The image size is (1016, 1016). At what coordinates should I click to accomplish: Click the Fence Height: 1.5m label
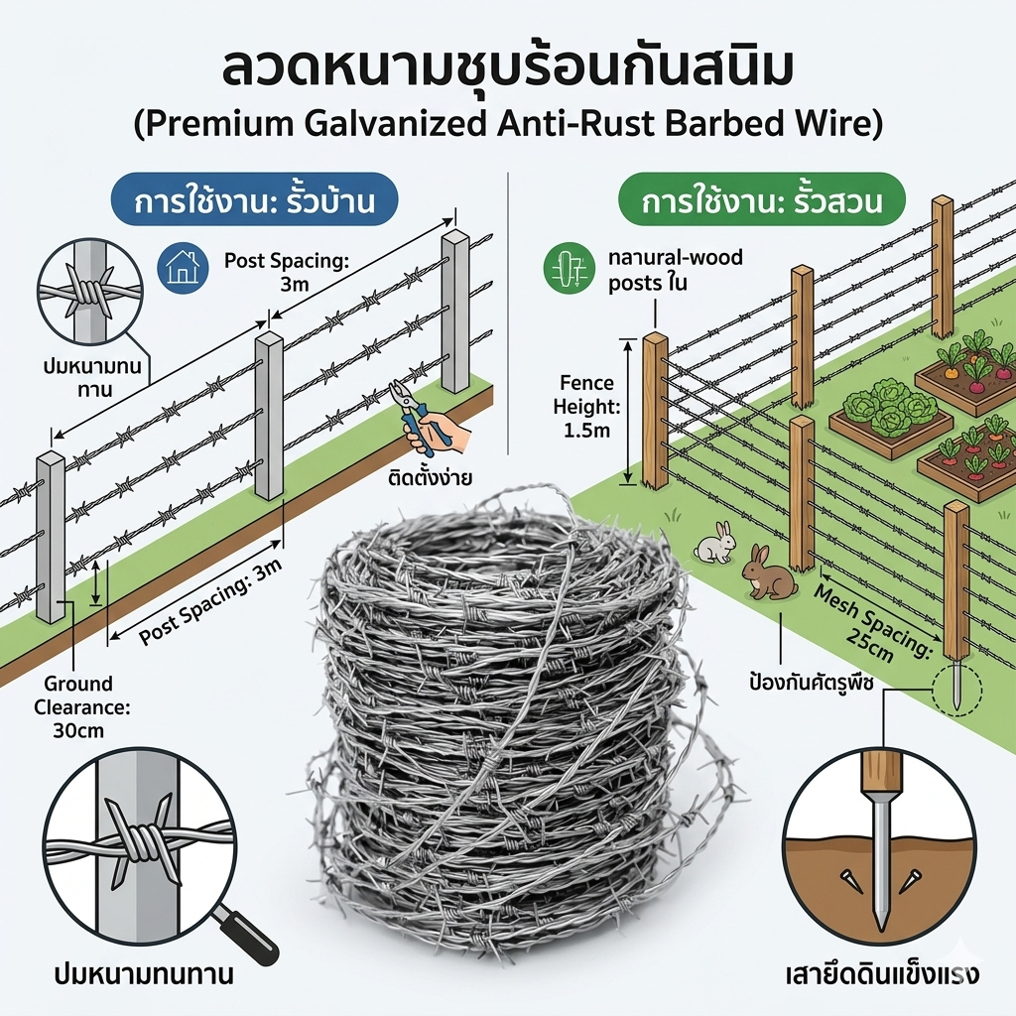pos(586,407)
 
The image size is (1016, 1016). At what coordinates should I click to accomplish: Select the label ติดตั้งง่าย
pos(431,477)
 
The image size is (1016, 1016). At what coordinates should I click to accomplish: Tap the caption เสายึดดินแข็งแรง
pos(882,973)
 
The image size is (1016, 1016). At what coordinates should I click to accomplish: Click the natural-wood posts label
pos(675,270)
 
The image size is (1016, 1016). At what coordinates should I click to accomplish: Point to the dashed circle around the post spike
pos(954,691)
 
